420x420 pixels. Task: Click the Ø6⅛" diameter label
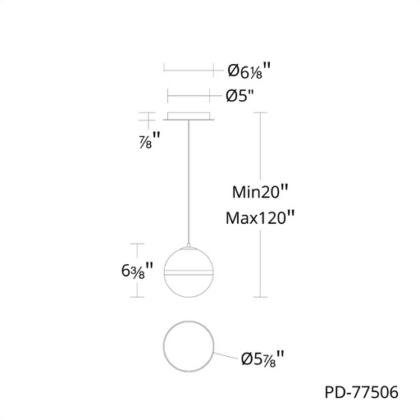click(249, 71)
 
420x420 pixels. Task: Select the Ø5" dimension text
click(240, 96)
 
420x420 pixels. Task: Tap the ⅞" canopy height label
click(149, 140)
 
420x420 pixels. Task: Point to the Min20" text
click(260, 192)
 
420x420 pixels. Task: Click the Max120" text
click(260, 218)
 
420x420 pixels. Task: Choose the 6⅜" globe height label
click(137, 271)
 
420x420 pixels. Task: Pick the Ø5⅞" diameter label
click(262, 358)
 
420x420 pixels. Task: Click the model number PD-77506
click(361, 392)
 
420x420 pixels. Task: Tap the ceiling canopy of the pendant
click(189, 116)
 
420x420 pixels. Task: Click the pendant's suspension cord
click(189, 182)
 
